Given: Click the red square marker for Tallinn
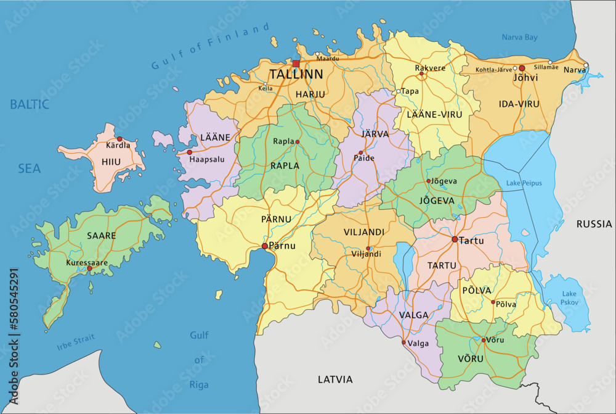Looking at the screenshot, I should pyautogui.click(x=296, y=64).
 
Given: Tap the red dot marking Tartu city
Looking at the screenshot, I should pyautogui.click(x=455, y=239).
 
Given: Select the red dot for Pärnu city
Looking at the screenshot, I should pyautogui.click(x=265, y=246).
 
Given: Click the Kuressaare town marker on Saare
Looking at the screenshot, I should pyautogui.click(x=89, y=269).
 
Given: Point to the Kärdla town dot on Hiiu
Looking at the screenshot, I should pyautogui.click(x=120, y=139).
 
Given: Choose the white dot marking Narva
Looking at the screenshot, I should pyautogui.click(x=586, y=65).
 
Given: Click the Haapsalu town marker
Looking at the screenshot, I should pyautogui.click(x=190, y=152).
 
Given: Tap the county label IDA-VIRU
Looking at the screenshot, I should pyautogui.click(x=519, y=104).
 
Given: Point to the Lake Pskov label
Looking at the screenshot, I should pyautogui.click(x=569, y=298).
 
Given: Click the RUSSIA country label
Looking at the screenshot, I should pyautogui.click(x=594, y=224).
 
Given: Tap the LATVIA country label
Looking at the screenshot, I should pyautogui.click(x=335, y=379).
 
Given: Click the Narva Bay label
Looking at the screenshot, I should pyautogui.click(x=519, y=38).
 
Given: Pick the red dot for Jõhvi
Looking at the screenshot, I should pyautogui.click(x=522, y=68).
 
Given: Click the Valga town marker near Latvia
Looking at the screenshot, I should pyautogui.click(x=403, y=342).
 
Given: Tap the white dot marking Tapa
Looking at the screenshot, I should pyautogui.click(x=399, y=91).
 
